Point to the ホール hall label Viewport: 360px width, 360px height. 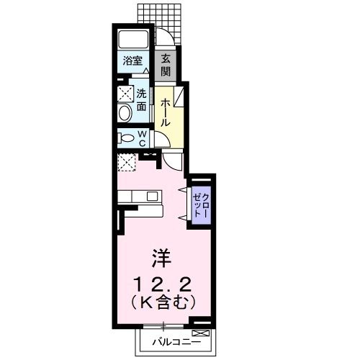coord(165,113)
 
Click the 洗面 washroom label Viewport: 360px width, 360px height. coord(142,100)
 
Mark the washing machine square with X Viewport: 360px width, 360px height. coord(125,93)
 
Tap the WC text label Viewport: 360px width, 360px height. coord(143,138)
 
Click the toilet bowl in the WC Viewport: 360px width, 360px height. coord(125,138)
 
